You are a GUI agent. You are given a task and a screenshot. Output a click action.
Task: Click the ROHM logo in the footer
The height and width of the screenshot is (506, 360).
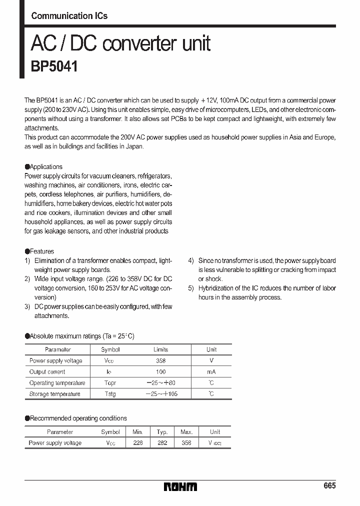click(180, 486)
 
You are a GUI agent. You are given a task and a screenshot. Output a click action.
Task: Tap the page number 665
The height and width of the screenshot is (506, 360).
click(329, 485)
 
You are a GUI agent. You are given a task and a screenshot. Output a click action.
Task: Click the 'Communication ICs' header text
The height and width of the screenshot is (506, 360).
click(69, 15)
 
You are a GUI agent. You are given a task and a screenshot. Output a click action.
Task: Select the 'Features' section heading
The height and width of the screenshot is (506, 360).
click(41, 251)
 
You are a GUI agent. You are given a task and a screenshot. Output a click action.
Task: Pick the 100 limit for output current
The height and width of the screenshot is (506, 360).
click(160, 372)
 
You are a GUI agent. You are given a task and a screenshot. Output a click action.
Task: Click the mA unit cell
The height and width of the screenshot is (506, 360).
click(211, 372)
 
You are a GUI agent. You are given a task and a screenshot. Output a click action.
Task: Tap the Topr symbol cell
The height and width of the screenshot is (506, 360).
click(110, 383)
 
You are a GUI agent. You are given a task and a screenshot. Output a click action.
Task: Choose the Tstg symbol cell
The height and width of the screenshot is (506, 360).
click(110, 394)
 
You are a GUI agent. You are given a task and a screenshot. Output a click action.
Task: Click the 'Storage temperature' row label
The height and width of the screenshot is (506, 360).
click(54, 394)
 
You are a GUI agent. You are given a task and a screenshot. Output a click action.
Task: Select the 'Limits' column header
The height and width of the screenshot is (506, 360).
click(160, 349)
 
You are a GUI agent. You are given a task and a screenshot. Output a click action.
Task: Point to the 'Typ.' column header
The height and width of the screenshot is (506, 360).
click(162, 431)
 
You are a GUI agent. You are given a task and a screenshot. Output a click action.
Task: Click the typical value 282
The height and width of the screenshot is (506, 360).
click(162, 443)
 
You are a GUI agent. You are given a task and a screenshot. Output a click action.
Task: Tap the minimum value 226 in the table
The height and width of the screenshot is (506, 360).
click(137, 443)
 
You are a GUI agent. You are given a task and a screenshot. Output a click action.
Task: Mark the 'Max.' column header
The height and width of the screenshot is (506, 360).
click(186, 431)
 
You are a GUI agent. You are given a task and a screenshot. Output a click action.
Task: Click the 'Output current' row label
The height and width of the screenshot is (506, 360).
click(47, 372)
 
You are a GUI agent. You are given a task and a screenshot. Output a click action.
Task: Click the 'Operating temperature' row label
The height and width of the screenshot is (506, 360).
click(57, 383)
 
